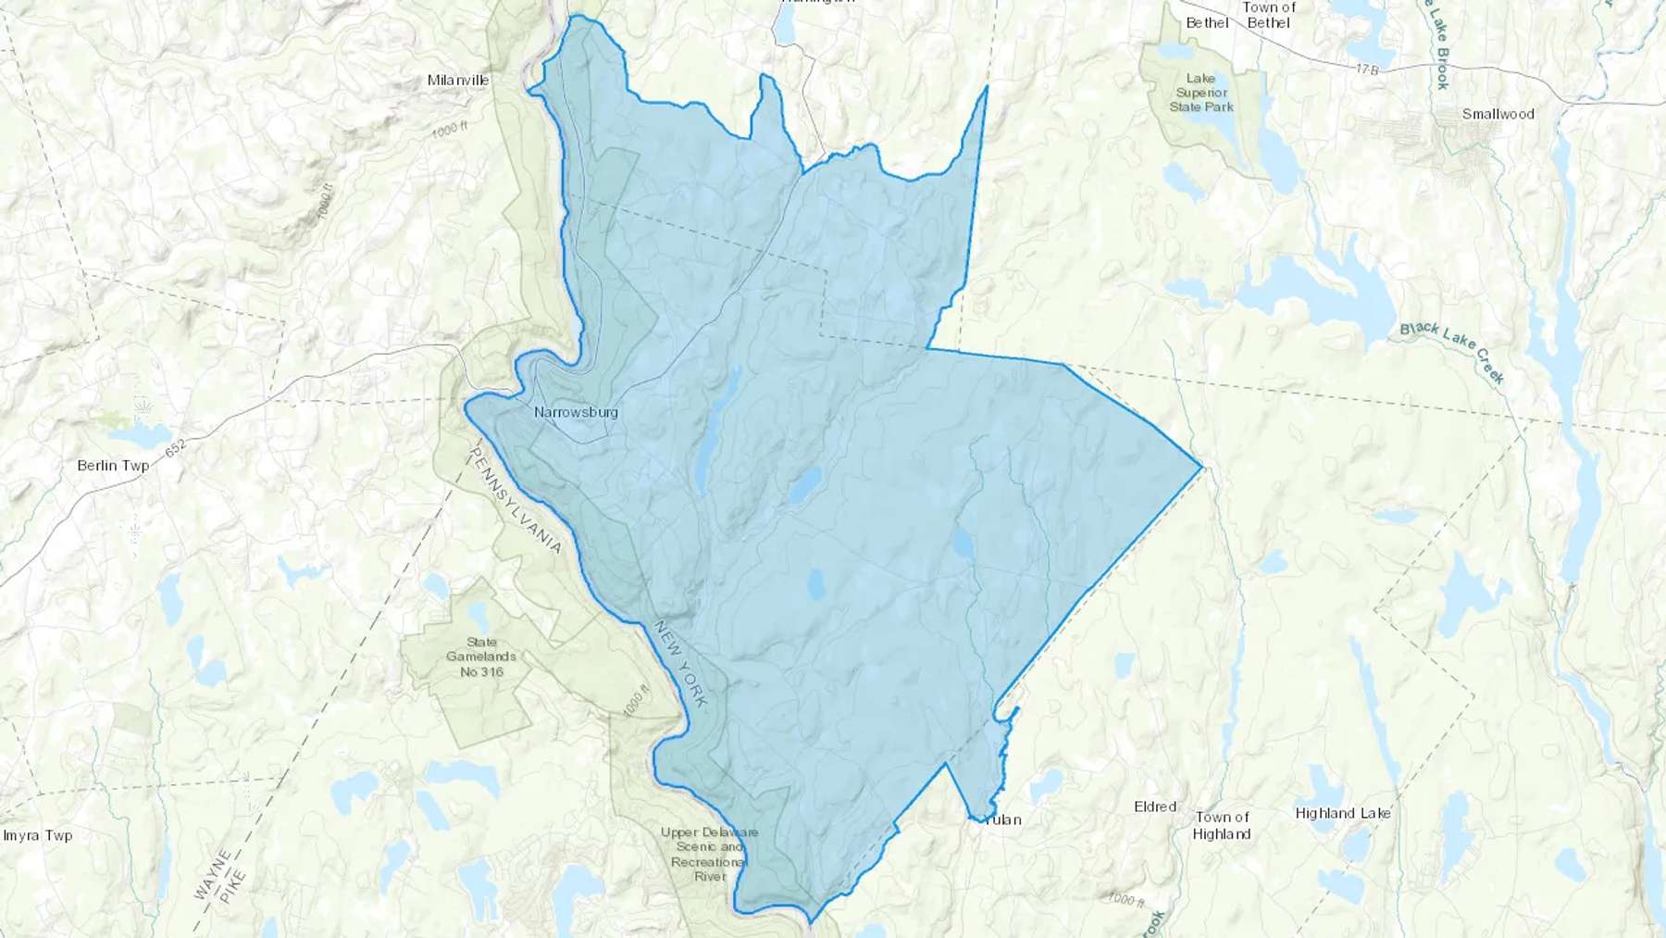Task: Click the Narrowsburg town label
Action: [576, 412]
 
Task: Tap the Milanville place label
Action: [458, 81]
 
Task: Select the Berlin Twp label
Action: [113, 465]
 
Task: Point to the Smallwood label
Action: [1498, 114]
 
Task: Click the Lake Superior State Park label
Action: [1200, 93]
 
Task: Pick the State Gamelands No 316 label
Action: [481, 657]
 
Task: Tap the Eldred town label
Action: [1155, 807]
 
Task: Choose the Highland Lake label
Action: [1342, 813]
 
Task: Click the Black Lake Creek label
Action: [1451, 352]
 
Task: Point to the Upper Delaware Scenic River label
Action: [709, 854]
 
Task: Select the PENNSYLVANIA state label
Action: [516, 500]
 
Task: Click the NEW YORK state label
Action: [681, 663]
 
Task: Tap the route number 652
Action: [176, 446]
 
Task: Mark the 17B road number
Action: [1368, 69]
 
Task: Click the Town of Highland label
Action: [1222, 825]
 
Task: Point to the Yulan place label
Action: [1002, 819]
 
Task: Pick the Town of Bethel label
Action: [1268, 15]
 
